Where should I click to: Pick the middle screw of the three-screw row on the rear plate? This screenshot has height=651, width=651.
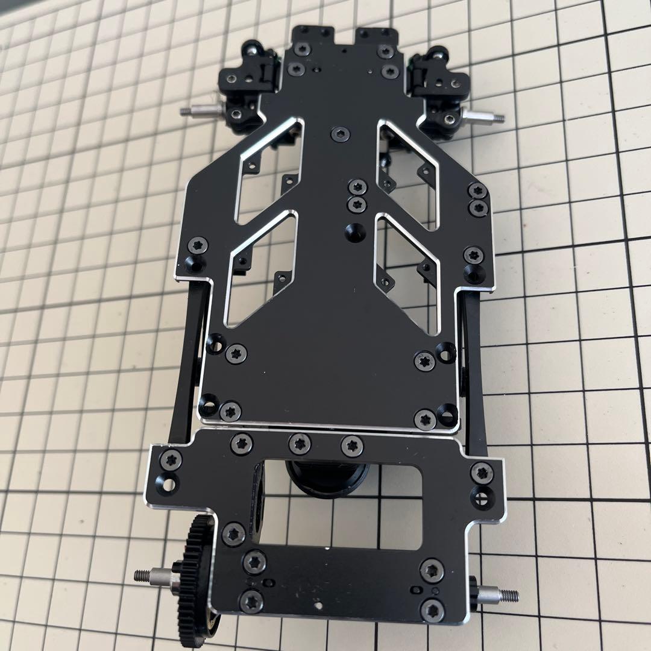pyautogui.click(x=299, y=444)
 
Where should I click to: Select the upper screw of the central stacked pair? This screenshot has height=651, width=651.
pyautogui.click(x=358, y=187)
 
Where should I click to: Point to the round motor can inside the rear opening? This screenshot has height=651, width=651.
pyautogui.click(x=325, y=476)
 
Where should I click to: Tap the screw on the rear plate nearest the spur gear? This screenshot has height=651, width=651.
pyautogui.click(x=233, y=533)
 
